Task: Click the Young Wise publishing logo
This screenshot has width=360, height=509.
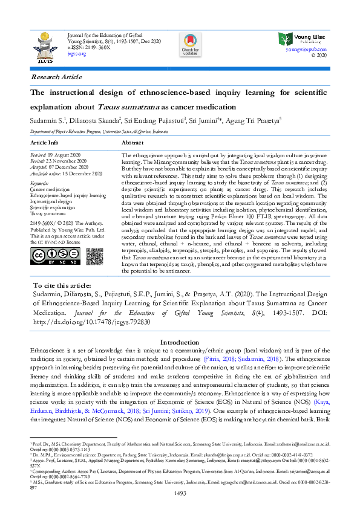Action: coord(301,39)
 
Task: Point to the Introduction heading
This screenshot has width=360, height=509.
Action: coord(180,342)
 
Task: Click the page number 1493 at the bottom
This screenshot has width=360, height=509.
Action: coord(180,494)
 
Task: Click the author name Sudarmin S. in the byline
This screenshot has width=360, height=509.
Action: coord(47,120)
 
